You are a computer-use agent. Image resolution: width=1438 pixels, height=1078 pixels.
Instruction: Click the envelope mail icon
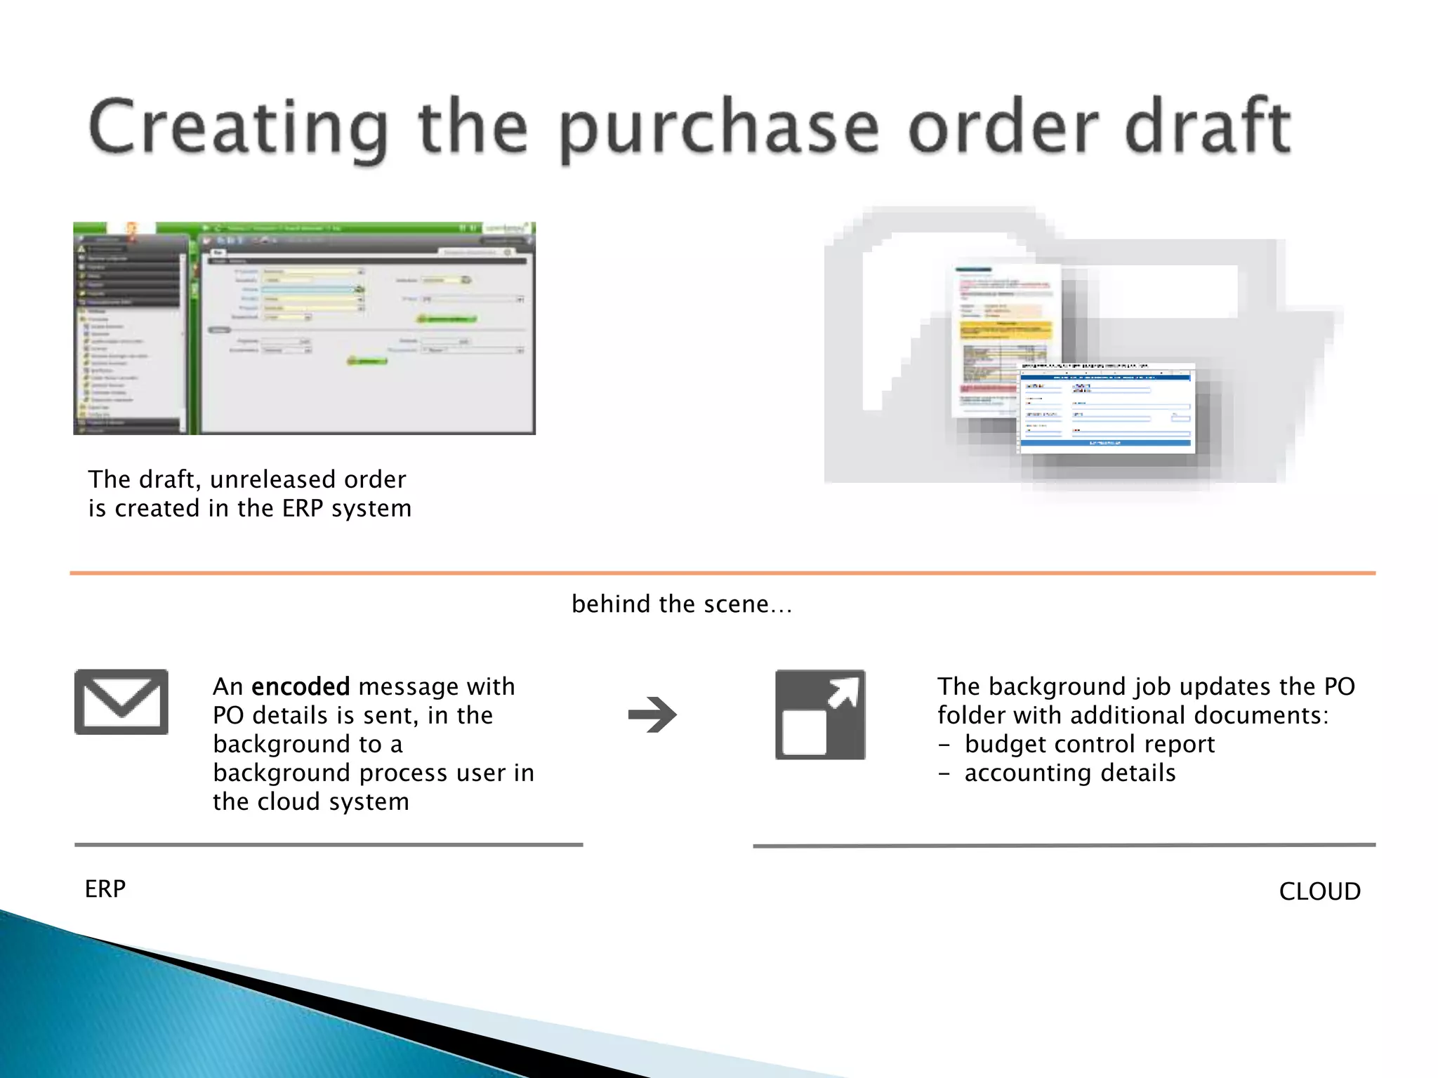tap(121, 702)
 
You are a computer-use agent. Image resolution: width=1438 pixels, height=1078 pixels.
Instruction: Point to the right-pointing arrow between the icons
tap(652, 714)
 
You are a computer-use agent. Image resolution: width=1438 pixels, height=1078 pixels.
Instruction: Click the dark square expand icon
tap(820, 714)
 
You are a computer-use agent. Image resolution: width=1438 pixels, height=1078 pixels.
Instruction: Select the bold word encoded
tap(301, 686)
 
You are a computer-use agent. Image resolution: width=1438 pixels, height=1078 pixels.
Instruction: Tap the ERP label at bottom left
tap(105, 889)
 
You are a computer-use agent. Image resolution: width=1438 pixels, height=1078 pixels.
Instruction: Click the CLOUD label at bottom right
tap(1319, 891)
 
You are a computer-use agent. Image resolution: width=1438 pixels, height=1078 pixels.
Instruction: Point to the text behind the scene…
tap(681, 604)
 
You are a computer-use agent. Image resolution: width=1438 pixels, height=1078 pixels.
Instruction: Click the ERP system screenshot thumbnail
tap(304, 328)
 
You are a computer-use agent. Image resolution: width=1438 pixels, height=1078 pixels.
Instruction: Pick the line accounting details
tap(1069, 773)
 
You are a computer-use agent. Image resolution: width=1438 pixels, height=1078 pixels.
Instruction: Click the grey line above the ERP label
tap(329, 845)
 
